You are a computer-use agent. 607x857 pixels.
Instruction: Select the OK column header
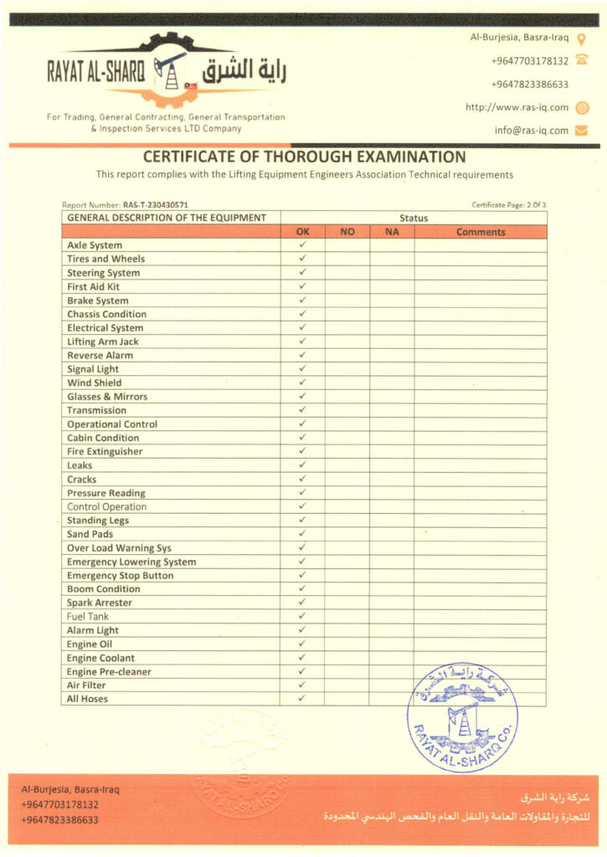pyautogui.click(x=302, y=232)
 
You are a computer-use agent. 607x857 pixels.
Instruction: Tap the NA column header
pyautogui.click(x=391, y=232)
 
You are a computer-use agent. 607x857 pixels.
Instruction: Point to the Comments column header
pyautogui.click(x=481, y=232)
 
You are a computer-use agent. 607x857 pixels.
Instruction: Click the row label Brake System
pyautogui.click(x=98, y=300)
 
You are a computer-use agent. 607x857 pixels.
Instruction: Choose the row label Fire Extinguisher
pyautogui.click(x=105, y=452)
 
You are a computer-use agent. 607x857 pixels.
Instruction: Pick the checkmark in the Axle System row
pyautogui.click(x=302, y=245)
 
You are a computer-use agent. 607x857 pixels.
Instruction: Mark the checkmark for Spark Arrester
pyautogui.click(x=302, y=603)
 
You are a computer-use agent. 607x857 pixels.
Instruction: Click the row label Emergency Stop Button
pyautogui.click(x=120, y=576)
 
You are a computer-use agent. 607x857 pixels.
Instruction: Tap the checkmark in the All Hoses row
pyautogui.click(x=302, y=699)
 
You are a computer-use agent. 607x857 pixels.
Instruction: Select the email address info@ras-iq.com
pyautogui.click(x=531, y=131)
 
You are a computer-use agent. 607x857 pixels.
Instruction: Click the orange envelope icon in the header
pyautogui.click(x=582, y=131)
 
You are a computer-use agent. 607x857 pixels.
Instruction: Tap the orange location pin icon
pyautogui.click(x=582, y=38)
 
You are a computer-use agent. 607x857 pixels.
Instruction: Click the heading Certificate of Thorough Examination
pyautogui.click(x=304, y=157)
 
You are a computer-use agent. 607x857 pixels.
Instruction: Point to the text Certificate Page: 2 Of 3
pyautogui.click(x=508, y=205)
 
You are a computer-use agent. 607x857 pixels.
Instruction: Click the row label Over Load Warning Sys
pyautogui.click(x=119, y=548)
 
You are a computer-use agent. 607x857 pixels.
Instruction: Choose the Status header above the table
pyautogui.click(x=414, y=218)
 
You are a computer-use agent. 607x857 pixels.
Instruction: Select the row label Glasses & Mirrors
pyautogui.click(x=107, y=397)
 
